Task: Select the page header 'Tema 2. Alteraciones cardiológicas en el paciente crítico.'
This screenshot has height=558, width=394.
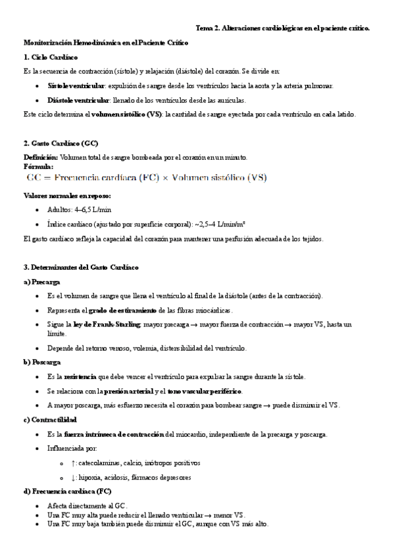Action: [x=283, y=28]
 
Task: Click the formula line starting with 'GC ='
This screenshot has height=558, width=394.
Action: [x=146, y=178]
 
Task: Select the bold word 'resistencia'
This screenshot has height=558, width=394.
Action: [x=79, y=376]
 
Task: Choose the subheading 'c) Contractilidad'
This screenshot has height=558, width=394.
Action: [x=50, y=419]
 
